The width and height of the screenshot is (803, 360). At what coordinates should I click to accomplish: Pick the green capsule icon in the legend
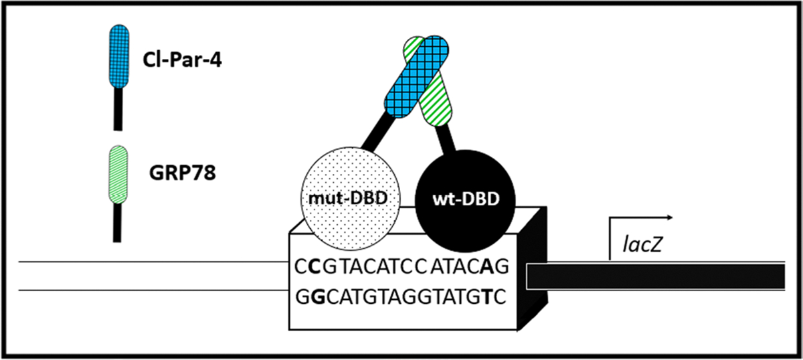click(x=118, y=173)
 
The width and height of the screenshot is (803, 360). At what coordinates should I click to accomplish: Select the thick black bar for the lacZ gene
click(x=656, y=276)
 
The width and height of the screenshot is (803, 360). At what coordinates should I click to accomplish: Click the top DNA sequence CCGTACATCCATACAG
click(x=402, y=266)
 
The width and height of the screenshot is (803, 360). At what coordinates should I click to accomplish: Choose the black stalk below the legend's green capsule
click(x=118, y=221)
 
